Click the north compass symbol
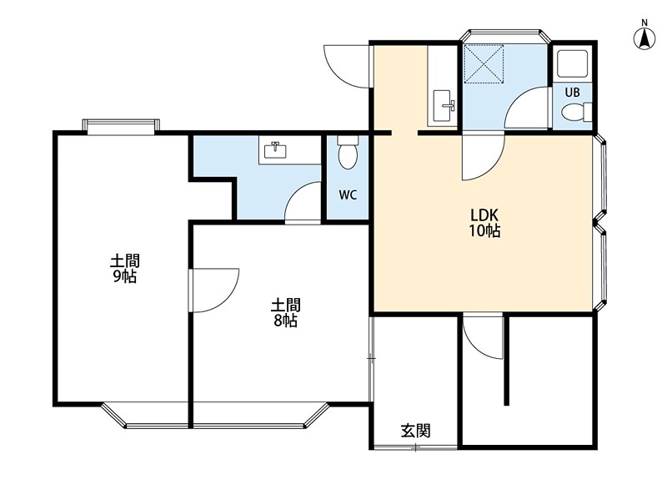644,39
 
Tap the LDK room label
484,214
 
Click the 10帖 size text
484,230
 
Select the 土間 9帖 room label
124,269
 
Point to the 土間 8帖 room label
286,312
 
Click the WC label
348,195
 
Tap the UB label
572,92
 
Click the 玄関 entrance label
415,431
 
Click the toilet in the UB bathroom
576,112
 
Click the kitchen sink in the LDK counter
444,105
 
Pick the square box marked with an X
484,65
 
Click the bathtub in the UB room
572,63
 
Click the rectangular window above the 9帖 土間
121,126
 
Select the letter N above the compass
644,23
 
